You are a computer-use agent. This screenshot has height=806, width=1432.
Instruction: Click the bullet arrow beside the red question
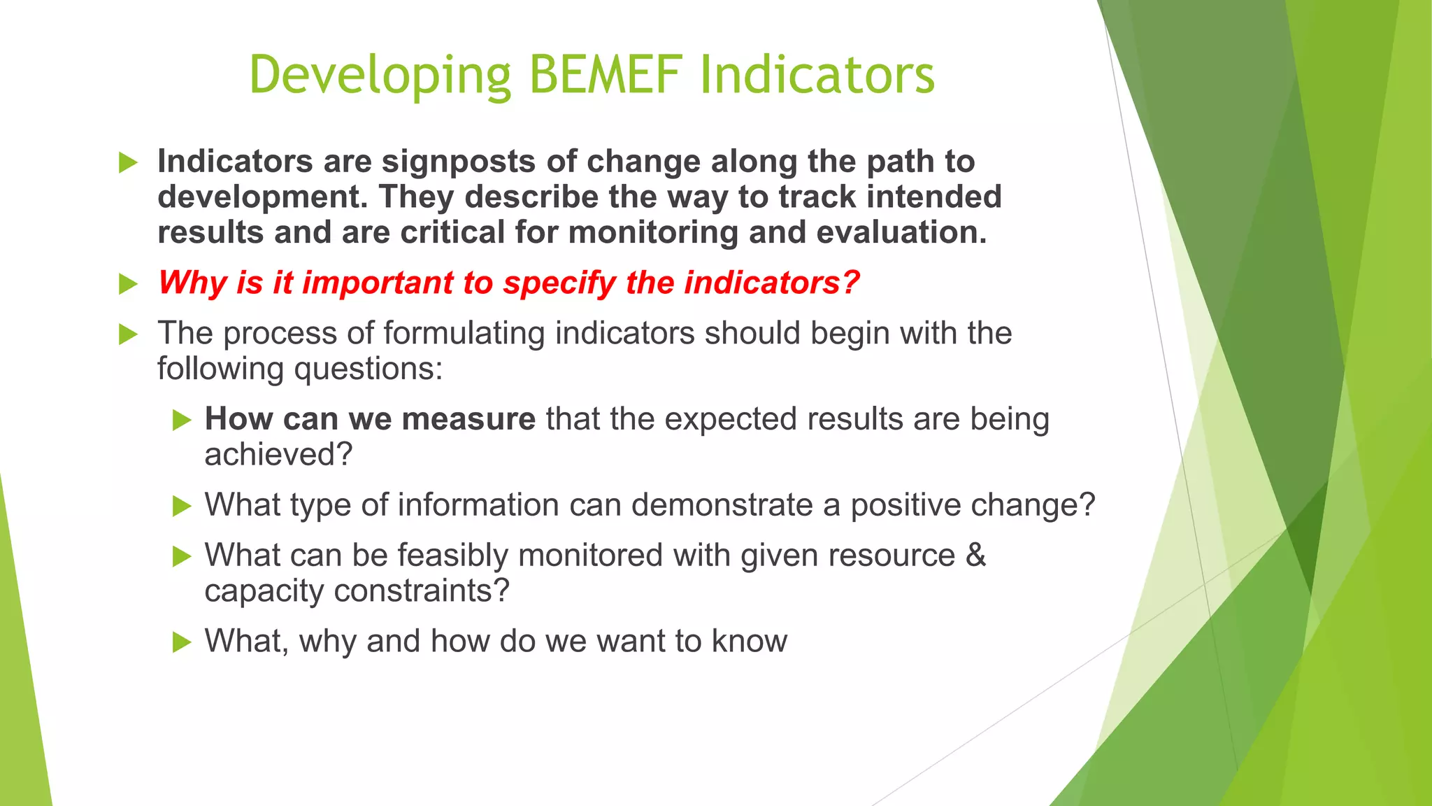point(128,284)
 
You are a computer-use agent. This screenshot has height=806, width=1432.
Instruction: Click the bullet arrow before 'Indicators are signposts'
point(128,163)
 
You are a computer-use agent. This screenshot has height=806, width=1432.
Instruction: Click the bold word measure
point(468,419)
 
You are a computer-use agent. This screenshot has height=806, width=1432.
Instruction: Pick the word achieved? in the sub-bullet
point(278,455)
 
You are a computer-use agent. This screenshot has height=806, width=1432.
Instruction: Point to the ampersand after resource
point(975,556)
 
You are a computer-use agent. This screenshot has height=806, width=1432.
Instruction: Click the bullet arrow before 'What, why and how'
point(182,642)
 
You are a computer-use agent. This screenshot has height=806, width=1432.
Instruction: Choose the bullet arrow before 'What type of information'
point(182,506)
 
